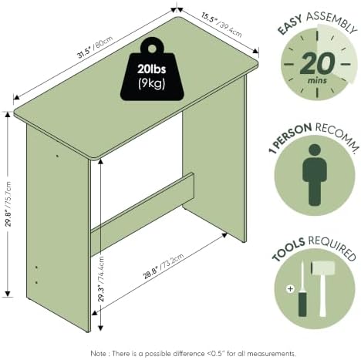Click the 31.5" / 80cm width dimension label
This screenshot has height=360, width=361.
coord(96,47)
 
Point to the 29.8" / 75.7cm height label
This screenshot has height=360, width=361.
coord(8,204)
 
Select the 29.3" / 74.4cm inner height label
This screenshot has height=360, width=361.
coord(101,278)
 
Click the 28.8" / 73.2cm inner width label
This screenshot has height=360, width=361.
coord(164,266)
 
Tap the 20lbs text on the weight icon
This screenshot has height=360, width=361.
coord(152,69)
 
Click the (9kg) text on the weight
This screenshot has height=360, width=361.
coord(152,83)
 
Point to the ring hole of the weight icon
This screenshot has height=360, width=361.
coord(152,49)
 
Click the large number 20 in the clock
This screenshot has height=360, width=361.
coord(317,63)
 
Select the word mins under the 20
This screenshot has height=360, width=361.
coord(318,80)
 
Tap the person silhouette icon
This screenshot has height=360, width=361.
coord(315,175)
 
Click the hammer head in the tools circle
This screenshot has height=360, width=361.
coord(323,267)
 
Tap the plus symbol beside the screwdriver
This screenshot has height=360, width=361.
coord(290,289)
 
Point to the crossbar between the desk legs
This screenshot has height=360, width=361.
coord(142,214)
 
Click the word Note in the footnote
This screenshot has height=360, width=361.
coord(98,354)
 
